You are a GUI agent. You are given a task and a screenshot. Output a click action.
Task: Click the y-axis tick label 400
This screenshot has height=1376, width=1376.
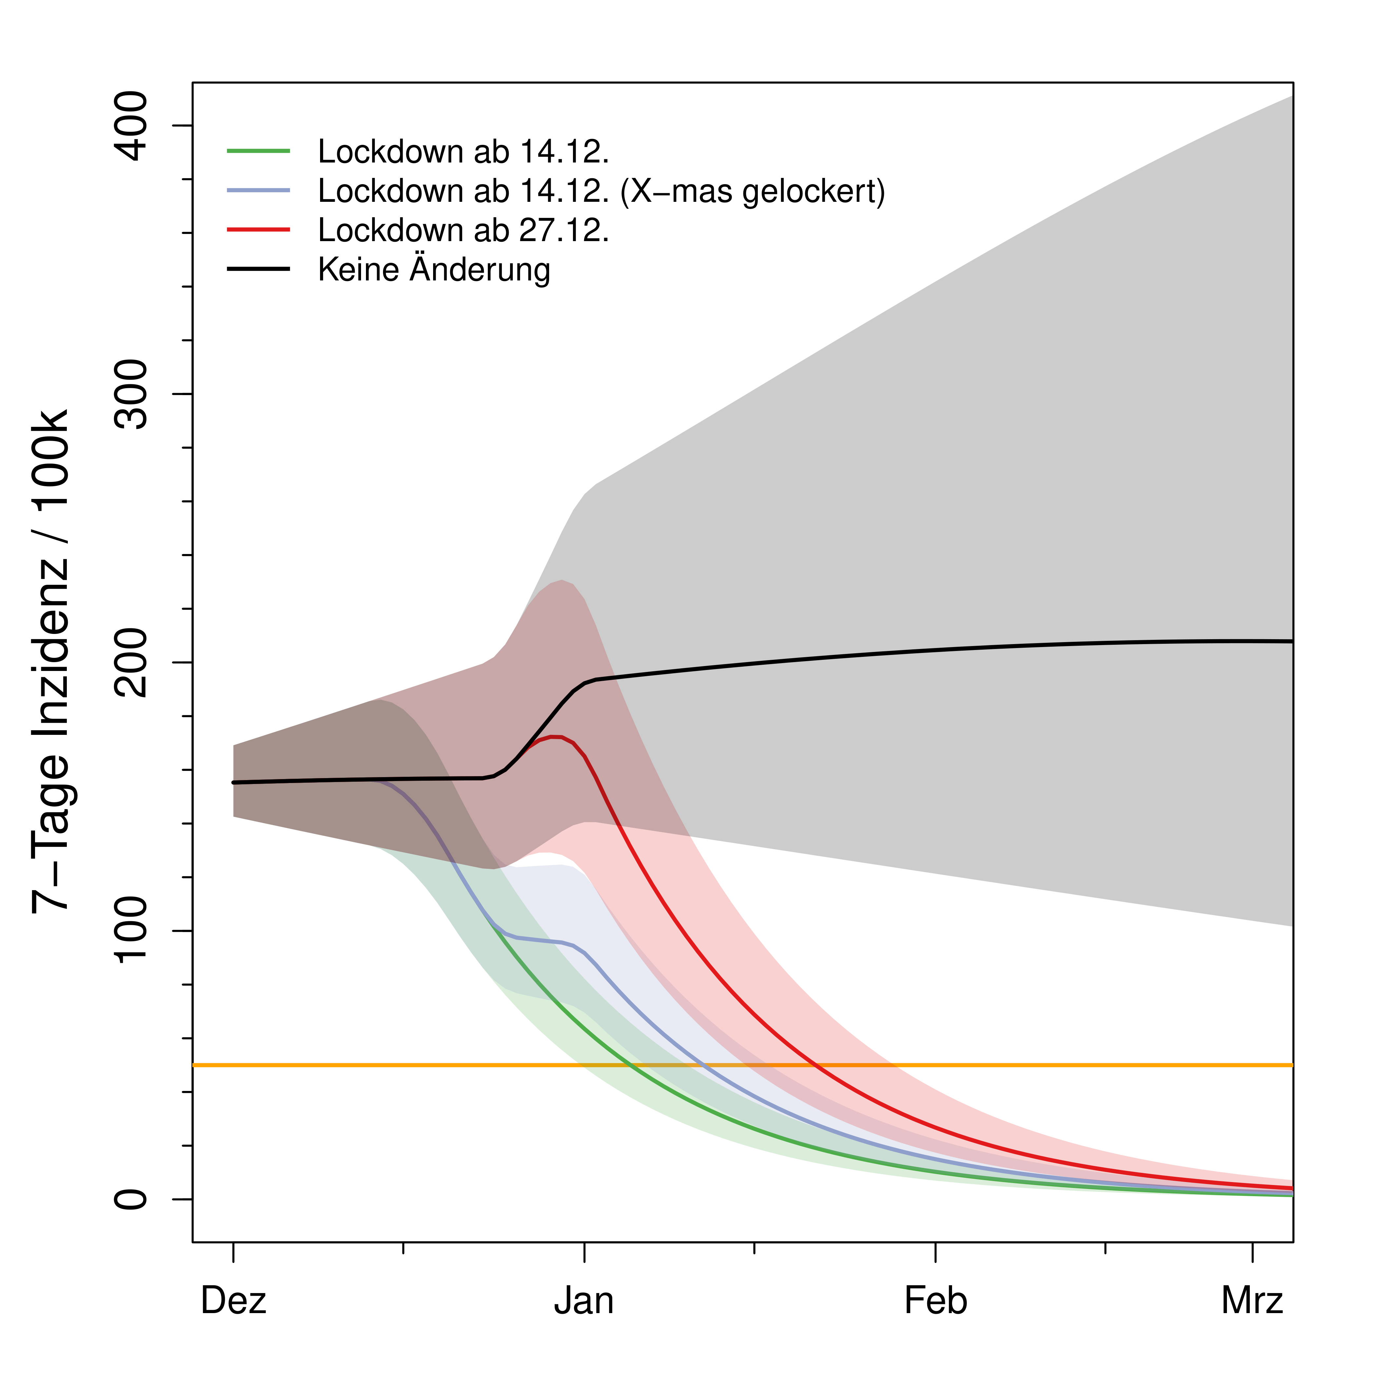point(132,126)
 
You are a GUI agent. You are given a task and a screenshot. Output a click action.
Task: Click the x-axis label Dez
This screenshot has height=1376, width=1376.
point(234,1301)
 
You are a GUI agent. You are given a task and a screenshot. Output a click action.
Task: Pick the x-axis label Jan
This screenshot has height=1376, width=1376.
point(584,1301)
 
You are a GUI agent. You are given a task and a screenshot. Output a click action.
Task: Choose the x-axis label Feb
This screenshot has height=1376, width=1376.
point(935,1301)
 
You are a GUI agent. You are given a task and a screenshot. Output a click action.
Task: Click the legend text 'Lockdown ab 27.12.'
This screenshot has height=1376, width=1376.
point(463,230)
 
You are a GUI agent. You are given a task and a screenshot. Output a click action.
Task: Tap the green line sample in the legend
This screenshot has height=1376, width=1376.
point(258,151)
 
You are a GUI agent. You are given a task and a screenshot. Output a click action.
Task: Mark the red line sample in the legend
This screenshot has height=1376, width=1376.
point(258,229)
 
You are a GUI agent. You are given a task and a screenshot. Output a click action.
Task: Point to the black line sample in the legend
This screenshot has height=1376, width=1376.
point(258,269)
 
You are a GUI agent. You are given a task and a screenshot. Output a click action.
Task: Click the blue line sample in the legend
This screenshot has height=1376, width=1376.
point(258,190)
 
